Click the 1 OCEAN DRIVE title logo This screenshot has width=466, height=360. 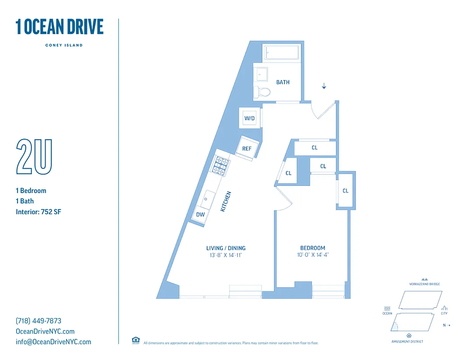pyautogui.click(x=59, y=27)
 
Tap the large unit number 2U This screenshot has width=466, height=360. pyautogui.click(x=34, y=157)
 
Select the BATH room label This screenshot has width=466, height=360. pyautogui.click(x=283, y=82)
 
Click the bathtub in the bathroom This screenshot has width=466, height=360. pyautogui.click(x=281, y=53)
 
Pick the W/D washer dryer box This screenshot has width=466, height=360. pyautogui.click(x=249, y=118)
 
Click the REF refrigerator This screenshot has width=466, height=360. pyautogui.click(x=247, y=148)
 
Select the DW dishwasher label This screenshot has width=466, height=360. pyautogui.click(x=200, y=215)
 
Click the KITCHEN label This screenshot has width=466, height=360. pyautogui.click(x=226, y=202)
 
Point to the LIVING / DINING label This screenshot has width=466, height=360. pyautogui.click(x=226, y=248)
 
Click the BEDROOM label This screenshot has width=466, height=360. pyautogui.click(x=312, y=248)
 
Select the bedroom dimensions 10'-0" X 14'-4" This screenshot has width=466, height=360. pyautogui.click(x=312, y=255)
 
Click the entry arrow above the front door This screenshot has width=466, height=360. pyautogui.click(x=324, y=86)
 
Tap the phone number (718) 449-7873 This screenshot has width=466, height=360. pyautogui.click(x=38, y=321)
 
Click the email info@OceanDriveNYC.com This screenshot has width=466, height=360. pyautogui.click(x=53, y=342)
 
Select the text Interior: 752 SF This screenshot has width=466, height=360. pyautogui.click(x=38, y=211)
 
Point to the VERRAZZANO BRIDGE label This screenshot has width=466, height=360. pyautogui.click(x=424, y=284)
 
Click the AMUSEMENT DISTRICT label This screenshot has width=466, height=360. pyautogui.click(x=407, y=342)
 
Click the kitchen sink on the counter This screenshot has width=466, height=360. pyautogui.click(x=209, y=197)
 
